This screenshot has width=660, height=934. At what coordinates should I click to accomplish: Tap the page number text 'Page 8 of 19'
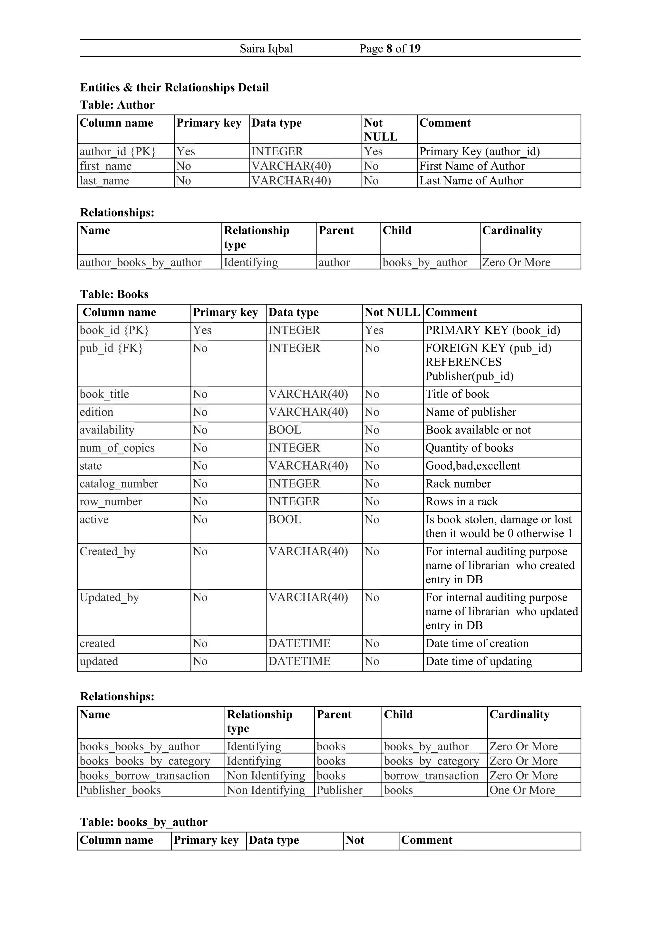point(390,49)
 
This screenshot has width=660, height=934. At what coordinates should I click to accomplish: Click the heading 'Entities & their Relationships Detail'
point(174,87)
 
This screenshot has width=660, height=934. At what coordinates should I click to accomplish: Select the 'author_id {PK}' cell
point(118,151)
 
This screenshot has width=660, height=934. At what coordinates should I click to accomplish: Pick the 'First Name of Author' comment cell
point(472,166)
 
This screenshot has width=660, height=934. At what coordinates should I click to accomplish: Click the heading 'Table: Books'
point(114,294)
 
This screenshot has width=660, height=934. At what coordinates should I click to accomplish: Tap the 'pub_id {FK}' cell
point(111,348)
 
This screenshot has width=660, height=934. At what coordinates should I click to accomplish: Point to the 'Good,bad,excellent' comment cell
point(472,466)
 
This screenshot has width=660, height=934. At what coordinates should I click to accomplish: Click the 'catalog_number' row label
point(119,484)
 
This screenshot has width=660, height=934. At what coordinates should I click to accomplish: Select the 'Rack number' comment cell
point(458,484)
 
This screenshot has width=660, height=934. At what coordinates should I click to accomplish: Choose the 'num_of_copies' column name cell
point(117,448)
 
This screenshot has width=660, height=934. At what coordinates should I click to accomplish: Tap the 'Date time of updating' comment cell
point(479,661)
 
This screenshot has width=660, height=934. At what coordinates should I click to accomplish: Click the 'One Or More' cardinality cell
point(522,790)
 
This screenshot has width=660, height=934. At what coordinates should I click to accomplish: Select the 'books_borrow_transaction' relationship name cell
point(144,775)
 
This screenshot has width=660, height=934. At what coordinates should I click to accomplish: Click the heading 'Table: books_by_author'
point(143,822)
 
